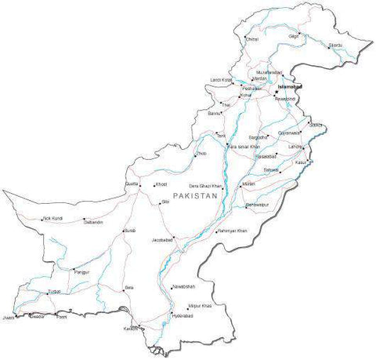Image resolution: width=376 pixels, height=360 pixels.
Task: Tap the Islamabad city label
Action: pyautogui.click(x=290, y=87)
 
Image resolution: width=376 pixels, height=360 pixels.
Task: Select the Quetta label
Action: pyautogui.click(x=132, y=184)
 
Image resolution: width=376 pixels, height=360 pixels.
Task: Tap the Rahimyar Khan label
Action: pyautogui.click(x=233, y=231)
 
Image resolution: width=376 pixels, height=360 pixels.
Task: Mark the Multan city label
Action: pyautogui.click(x=249, y=184)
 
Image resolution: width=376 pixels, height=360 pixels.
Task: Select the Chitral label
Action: pyautogui.click(x=251, y=38)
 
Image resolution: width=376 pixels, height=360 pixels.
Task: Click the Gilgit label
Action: pyautogui.click(x=294, y=36)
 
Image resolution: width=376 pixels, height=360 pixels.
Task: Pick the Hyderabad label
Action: pyautogui.click(x=182, y=315)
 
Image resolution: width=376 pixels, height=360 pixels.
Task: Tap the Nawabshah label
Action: pyautogui.click(x=184, y=287)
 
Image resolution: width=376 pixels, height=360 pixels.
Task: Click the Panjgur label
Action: pyautogui.click(x=82, y=271)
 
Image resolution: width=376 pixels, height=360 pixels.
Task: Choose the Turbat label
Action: pyautogui.click(x=53, y=291)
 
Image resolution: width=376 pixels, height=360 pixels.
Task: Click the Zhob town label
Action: pyautogui.click(x=202, y=155)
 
